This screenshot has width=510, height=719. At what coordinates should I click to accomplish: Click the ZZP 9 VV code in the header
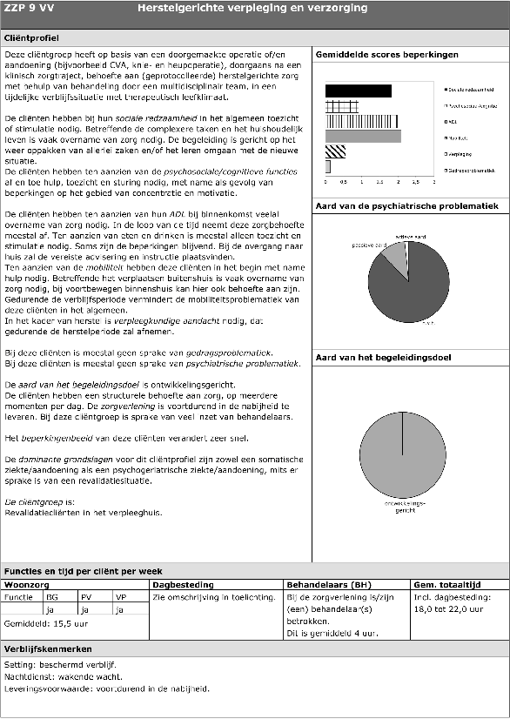pos(25,9)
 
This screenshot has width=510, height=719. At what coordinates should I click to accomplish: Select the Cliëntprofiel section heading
pos(32,39)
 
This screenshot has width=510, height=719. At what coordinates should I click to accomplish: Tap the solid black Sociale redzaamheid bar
pos(358,91)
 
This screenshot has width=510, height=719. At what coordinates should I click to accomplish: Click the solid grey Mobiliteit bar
pos(362,136)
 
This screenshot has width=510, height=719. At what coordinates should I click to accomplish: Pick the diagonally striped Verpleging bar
pos(335,151)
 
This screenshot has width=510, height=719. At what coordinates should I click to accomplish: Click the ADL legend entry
pos(453,122)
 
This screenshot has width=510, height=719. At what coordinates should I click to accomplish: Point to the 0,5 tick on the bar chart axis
pos(344,183)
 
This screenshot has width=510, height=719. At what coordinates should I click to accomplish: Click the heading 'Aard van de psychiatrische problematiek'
pos(406,206)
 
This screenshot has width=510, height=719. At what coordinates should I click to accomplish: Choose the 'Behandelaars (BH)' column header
pos(322,585)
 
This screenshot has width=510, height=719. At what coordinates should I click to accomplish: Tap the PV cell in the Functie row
pos(86,598)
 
